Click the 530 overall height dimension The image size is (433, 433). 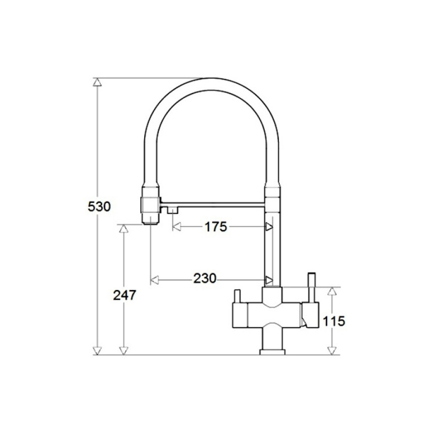(x=99, y=207)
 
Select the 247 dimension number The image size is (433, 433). (x=124, y=295)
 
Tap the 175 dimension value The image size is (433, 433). (x=216, y=227)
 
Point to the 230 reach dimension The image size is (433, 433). (x=205, y=278)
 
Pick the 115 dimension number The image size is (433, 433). (x=334, y=321)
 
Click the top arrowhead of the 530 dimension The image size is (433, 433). (x=97, y=82)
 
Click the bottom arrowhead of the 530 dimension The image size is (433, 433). (x=97, y=351)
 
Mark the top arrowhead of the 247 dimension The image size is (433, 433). (x=124, y=228)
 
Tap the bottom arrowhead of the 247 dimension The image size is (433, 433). (x=124, y=351)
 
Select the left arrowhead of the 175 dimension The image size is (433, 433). (x=177, y=227)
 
